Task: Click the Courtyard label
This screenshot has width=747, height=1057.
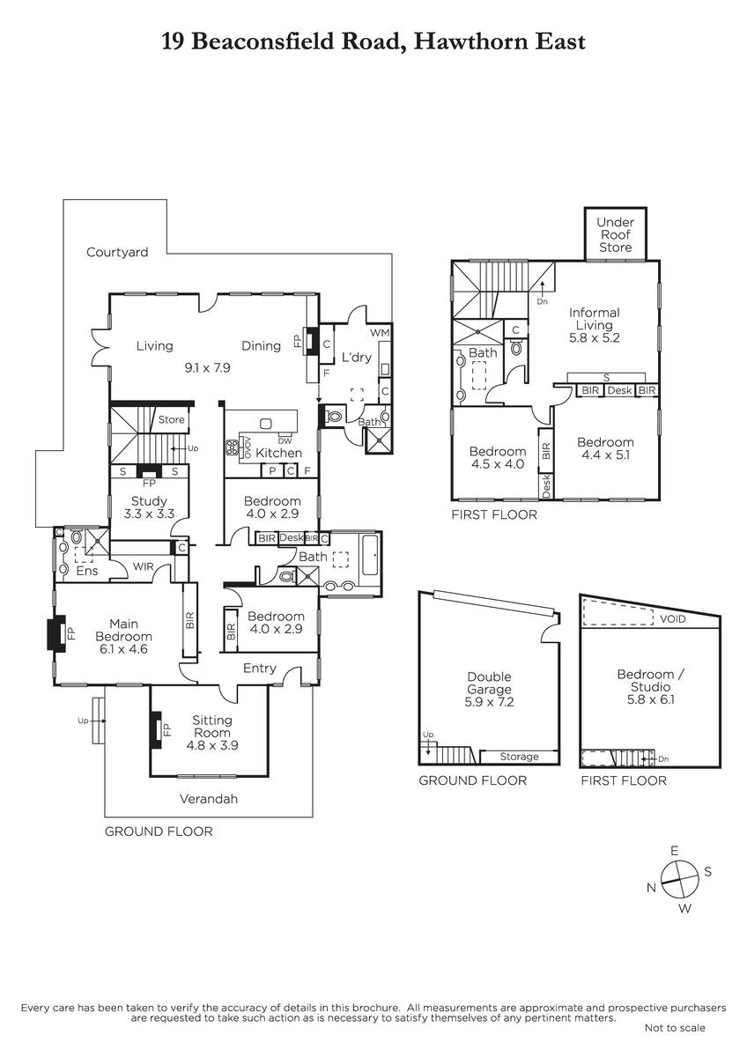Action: click(117, 253)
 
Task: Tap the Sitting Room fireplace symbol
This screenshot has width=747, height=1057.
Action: click(156, 729)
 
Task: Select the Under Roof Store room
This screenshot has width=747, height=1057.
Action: click(616, 234)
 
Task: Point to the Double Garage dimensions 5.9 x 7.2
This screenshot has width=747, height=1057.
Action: click(489, 702)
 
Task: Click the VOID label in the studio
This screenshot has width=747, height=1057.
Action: click(672, 618)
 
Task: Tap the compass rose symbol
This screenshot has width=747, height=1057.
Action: click(679, 879)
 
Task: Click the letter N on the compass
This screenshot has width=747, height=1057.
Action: click(651, 888)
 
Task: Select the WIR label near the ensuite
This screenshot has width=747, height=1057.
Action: click(143, 566)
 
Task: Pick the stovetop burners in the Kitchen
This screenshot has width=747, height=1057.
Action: click(232, 447)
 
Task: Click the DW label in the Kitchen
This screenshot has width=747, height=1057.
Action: click(285, 441)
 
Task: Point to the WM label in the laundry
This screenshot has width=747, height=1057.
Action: click(380, 333)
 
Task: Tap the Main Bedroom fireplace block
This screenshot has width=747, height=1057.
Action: click(56, 633)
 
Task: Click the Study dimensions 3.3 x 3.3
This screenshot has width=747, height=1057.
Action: click(149, 514)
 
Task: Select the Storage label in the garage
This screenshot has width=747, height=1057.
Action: click(519, 757)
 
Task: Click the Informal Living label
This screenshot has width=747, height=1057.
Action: click(594, 319)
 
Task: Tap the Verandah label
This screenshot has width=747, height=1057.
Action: click(209, 799)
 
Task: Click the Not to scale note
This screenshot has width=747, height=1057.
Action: click(675, 1028)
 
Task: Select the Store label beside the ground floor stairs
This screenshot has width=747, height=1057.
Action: click(171, 419)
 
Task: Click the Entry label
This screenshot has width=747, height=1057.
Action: click(260, 669)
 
